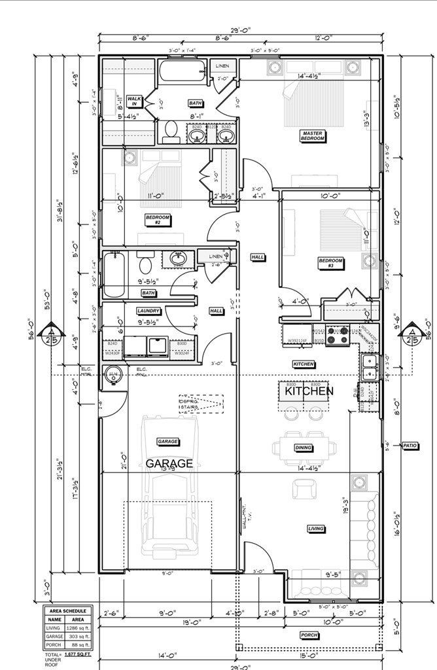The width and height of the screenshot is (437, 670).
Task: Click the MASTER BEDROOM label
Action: click(x=313, y=136)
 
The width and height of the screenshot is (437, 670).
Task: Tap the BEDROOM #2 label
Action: click(x=158, y=220)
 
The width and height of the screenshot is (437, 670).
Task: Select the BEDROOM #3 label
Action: click(x=331, y=263)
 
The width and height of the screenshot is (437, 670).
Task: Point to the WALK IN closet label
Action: click(x=134, y=101)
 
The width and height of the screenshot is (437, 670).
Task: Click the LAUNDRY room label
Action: click(x=149, y=311)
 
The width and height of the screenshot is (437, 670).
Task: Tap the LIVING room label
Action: click(x=317, y=529)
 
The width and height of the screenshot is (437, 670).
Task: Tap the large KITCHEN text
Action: click(x=309, y=391)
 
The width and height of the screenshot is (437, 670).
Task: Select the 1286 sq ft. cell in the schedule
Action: click(x=78, y=628)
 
